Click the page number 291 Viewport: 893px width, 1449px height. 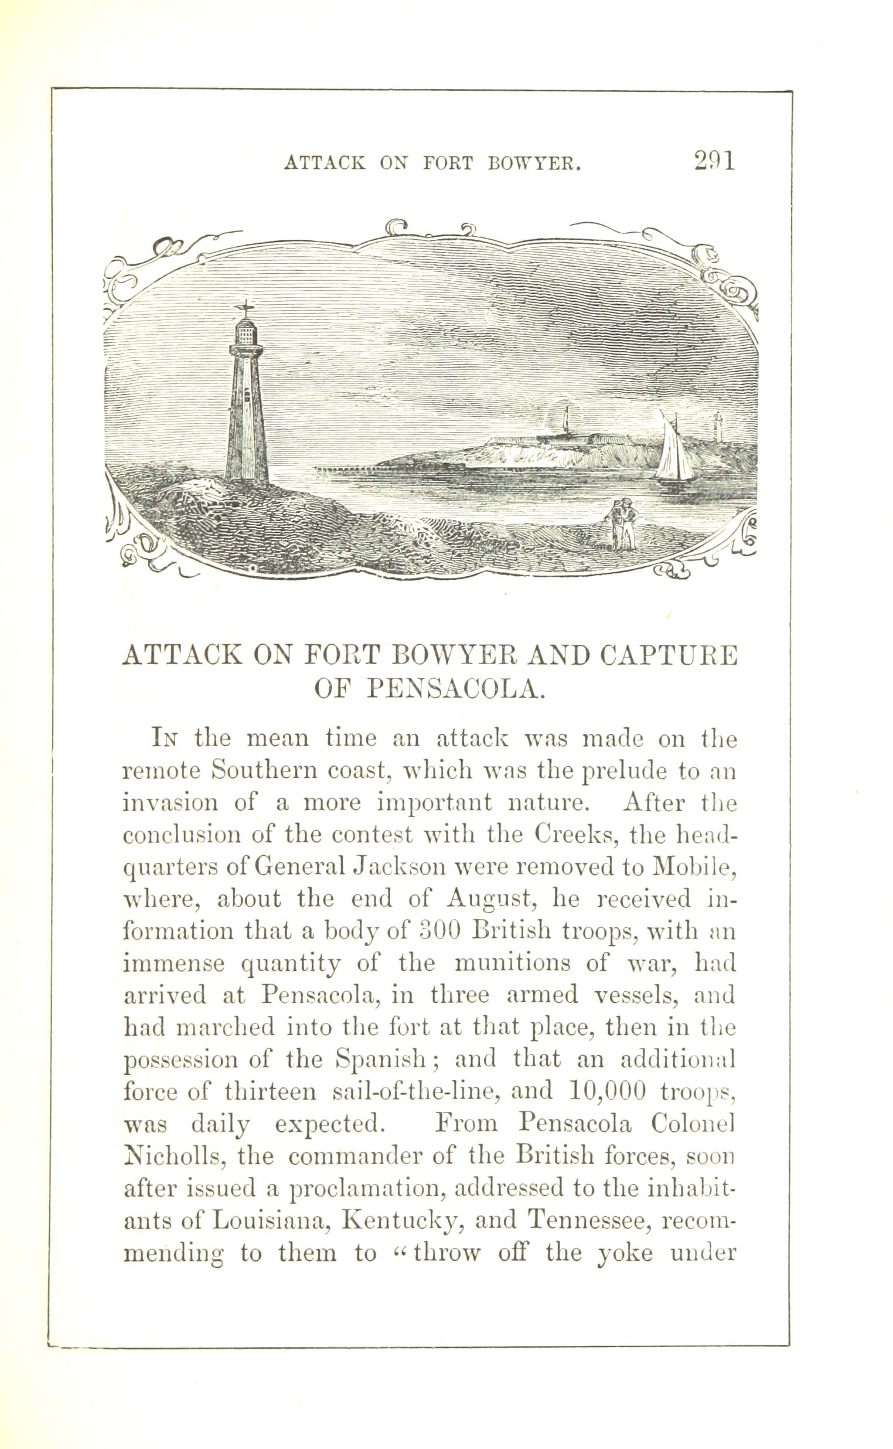point(715,160)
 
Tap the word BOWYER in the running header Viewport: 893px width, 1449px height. point(533,163)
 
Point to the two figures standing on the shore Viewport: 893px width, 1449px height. point(622,525)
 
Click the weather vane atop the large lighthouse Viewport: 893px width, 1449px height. point(244,308)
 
